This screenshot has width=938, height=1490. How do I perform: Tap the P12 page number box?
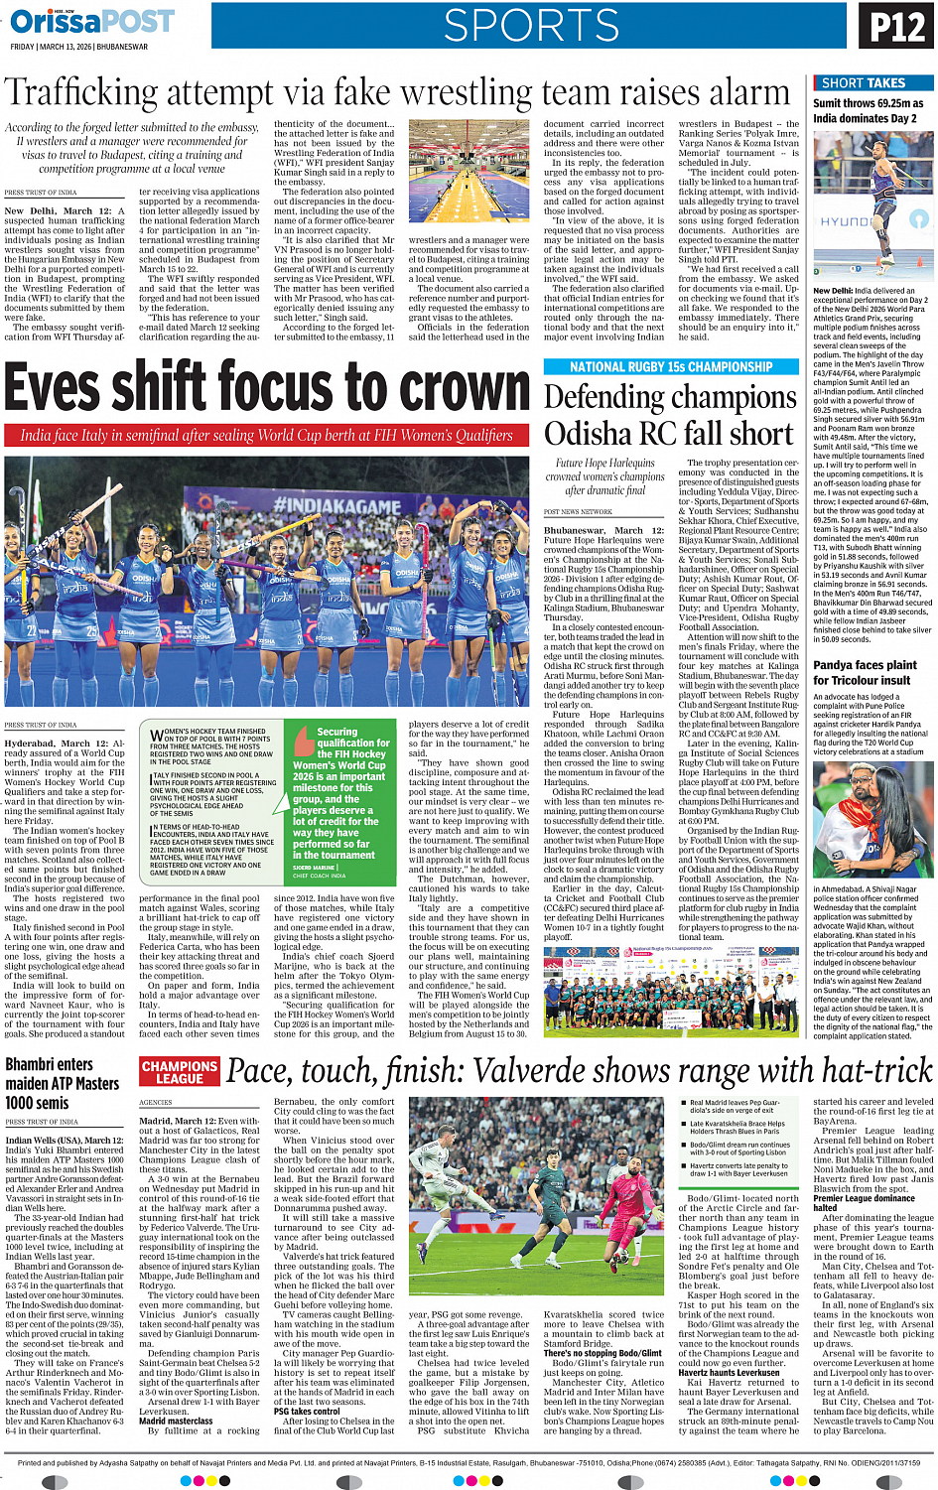tap(896, 27)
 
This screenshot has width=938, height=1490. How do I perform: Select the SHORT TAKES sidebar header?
tap(864, 83)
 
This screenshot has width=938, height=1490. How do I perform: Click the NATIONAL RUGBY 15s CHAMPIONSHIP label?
tap(671, 367)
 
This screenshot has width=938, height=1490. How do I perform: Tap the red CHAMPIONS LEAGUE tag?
tap(180, 1072)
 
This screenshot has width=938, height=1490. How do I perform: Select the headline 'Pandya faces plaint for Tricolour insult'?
tap(865, 672)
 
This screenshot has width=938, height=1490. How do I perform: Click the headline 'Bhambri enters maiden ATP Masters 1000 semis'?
tap(50, 1083)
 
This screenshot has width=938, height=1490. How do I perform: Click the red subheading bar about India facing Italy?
tap(266, 435)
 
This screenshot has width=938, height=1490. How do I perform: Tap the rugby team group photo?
tap(670, 986)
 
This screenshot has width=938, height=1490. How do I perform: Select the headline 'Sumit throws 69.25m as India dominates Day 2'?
tap(868, 110)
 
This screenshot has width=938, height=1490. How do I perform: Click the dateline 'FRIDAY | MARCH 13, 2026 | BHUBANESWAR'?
tap(79, 47)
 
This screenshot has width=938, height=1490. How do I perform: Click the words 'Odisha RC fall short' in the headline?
tap(669, 434)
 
